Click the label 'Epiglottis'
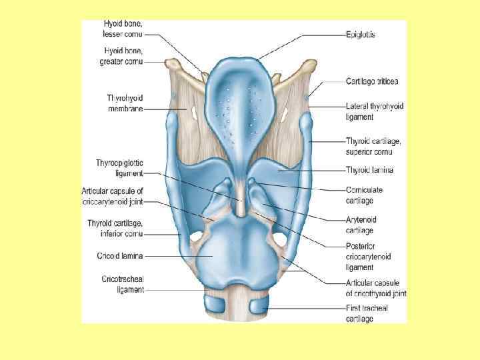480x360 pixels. point(361,34)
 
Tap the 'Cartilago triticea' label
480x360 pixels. point(372,81)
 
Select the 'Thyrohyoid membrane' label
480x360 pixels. point(125,103)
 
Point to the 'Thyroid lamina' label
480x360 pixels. point(369,170)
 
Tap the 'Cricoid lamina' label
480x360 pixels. point(121,255)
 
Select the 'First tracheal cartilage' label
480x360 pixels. point(367,313)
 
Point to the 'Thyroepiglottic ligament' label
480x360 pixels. point(119,168)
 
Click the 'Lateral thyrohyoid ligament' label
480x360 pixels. point(375,111)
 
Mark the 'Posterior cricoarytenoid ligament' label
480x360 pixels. point(368,257)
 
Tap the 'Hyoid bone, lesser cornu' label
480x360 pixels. point(122,29)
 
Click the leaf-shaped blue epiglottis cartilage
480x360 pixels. point(239,100)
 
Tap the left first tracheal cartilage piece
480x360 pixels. point(217,305)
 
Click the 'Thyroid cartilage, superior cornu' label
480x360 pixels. point(373,145)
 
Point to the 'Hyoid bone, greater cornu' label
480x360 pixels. point(123,56)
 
